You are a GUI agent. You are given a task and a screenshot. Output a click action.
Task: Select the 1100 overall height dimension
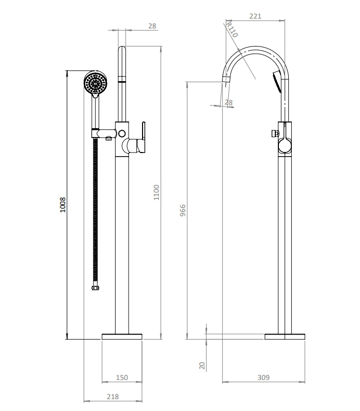coord(157,192)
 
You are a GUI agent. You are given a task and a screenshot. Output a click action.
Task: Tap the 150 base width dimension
coord(121,378)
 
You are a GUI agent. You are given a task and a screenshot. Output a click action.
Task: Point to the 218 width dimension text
coord(113,397)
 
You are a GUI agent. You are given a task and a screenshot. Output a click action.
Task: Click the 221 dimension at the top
coord(255,16)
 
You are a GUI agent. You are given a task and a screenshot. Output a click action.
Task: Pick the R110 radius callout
coord(231,30)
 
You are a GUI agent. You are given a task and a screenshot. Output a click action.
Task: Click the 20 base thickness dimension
coord(202,365)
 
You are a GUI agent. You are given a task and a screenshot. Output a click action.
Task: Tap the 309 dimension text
coord(263,378)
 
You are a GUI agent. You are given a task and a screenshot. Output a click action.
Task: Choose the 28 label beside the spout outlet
coord(229,103)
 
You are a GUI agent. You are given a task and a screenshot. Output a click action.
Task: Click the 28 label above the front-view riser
coord(152,26)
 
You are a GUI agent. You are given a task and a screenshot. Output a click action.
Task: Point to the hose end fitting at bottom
coord(95,288)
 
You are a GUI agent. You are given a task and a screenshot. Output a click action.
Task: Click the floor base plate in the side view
coord(285,337)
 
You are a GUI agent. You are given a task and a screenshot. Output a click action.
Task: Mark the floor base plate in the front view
coord(121,337)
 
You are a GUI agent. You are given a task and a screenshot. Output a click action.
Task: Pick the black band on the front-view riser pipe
coord(122,80)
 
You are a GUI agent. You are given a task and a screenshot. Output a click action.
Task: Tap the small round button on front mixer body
coord(122,133)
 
